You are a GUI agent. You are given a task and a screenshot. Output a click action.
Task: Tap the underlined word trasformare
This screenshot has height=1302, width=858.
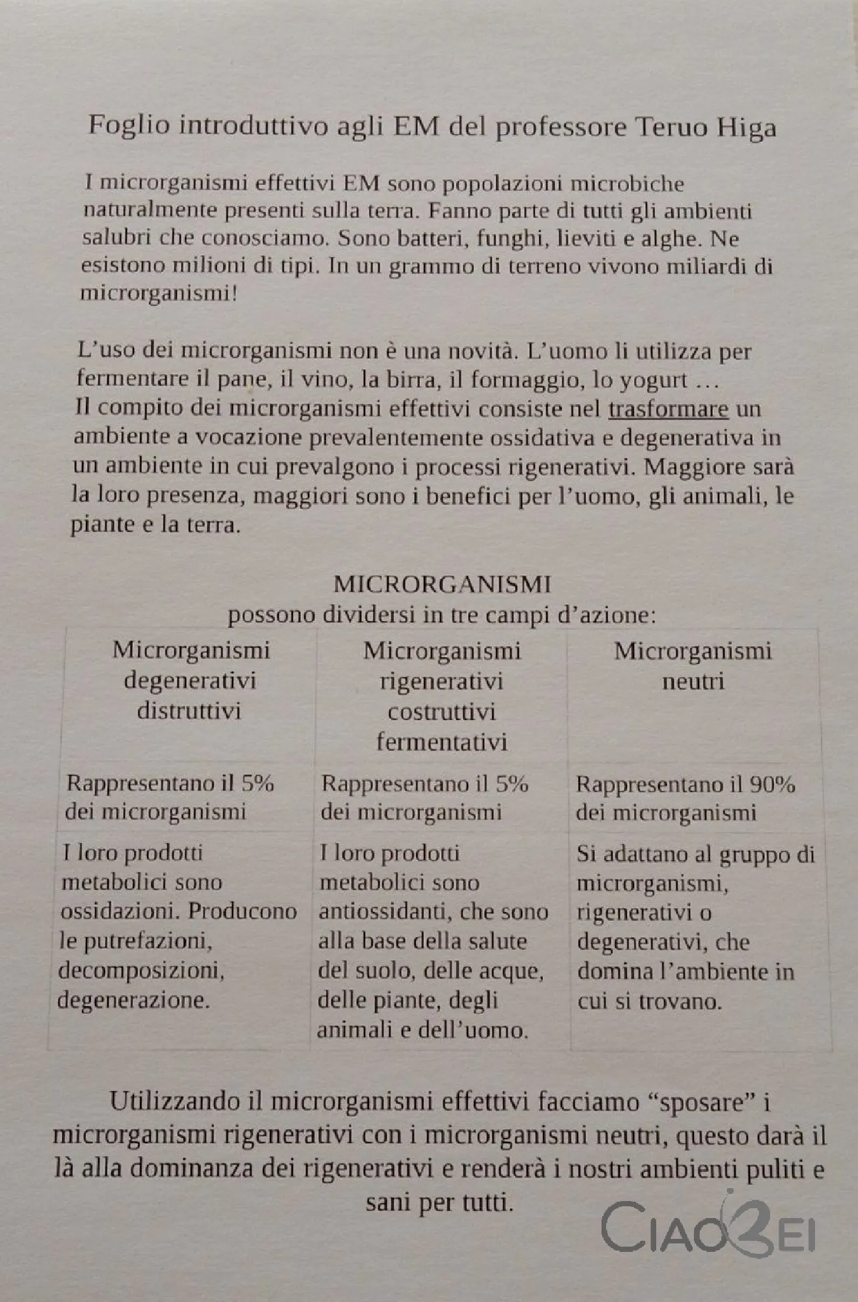(x=668, y=409)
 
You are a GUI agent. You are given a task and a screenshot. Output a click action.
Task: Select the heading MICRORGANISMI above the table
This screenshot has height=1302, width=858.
(x=442, y=584)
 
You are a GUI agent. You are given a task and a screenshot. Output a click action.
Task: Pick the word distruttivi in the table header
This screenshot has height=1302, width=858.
(x=189, y=710)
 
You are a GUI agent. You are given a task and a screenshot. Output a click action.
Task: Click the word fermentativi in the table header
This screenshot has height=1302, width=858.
(x=441, y=742)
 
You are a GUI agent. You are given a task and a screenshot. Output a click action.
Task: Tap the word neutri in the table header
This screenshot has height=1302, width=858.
(x=693, y=682)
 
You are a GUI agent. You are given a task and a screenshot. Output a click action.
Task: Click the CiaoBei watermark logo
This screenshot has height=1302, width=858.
(x=708, y=1228)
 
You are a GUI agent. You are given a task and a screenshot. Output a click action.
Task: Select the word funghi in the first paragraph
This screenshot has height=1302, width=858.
(x=511, y=238)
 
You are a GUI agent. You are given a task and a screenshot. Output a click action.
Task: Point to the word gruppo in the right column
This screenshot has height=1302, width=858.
(x=755, y=855)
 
